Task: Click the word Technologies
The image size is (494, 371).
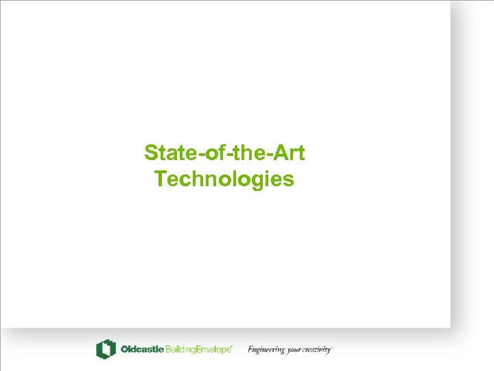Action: coord(224,179)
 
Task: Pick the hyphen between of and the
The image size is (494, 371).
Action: coord(222,155)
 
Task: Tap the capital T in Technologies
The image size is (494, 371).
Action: coord(160,179)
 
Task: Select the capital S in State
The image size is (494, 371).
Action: coord(151,153)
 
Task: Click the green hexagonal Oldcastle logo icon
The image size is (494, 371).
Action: coord(106,349)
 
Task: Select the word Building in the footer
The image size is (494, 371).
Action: coord(181,350)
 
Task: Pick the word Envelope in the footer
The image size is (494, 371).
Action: coord(214,350)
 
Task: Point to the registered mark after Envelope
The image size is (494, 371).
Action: coord(233,347)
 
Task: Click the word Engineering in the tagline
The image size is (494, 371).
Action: coord(266,350)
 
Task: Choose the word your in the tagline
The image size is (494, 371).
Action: coord(294,350)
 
